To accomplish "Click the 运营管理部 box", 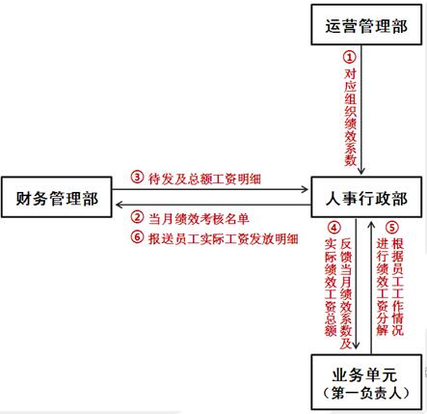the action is (x=366, y=24).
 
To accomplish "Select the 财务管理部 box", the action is (x=57, y=197).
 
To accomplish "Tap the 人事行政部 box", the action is (x=366, y=197).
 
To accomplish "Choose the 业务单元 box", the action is (x=366, y=382).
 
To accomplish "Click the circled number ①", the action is (x=350, y=57).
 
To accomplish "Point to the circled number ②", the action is (x=137, y=217).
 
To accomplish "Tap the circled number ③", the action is (x=137, y=177).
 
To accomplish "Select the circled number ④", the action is (x=334, y=228).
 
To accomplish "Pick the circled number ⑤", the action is (x=392, y=228).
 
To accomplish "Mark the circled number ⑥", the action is (x=137, y=237).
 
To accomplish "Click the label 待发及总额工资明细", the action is (x=204, y=179).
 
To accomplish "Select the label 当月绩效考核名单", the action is (x=199, y=219).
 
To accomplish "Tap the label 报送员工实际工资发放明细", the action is (x=224, y=239).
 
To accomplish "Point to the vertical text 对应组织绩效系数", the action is (x=350, y=117).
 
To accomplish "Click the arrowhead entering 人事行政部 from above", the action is (x=361, y=171).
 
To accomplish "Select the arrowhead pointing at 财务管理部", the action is (x=120, y=205).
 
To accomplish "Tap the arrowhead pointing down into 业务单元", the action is (x=356, y=345).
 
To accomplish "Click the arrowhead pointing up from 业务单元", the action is (x=371, y=224).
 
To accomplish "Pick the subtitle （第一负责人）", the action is (x=366, y=394).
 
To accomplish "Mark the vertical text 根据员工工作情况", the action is (x=397, y=287).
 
